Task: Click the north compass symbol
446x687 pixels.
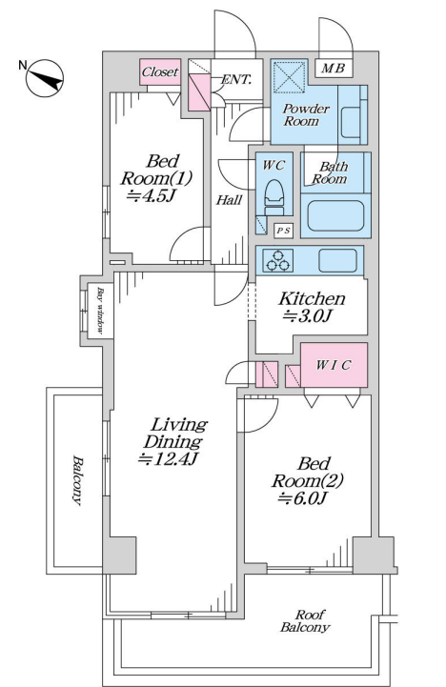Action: pos(45,78)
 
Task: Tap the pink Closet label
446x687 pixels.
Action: pos(160,71)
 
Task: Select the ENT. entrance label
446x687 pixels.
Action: pos(236,80)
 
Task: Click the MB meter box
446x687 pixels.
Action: pos(334,68)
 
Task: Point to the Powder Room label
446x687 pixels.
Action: pos(306,114)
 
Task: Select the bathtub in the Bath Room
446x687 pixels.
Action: pos(335,215)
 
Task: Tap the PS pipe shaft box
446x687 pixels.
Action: pos(283,231)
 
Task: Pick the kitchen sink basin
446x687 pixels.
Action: pos(337,261)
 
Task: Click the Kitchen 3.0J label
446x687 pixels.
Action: pos(312,307)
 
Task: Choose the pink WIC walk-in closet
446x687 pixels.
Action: pos(334,365)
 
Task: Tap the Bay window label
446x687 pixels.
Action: pos(100,311)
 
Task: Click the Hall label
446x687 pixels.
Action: pos(229,200)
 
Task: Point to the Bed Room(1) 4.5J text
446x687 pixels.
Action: pos(156,178)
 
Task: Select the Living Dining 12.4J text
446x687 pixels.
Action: pos(172,441)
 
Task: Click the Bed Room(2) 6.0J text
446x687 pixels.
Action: pos(307,480)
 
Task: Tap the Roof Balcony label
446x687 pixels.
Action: pos(305,621)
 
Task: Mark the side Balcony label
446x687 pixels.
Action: pos(77,480)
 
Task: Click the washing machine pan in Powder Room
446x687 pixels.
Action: pos(289,76)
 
